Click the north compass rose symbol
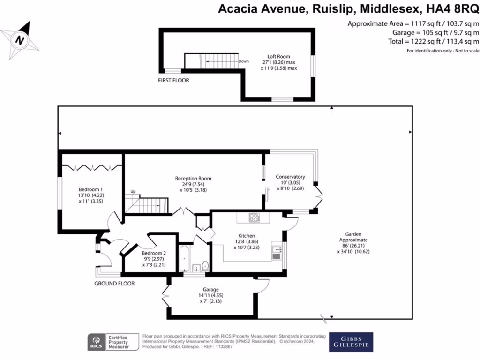(x=20, y=40)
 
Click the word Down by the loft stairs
(x=243, y=61)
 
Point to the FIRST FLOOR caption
(x=173, y=81)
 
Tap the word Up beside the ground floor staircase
(x=133, y=192)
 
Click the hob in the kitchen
(x=255, y=217)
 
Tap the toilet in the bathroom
(x=204, y=265)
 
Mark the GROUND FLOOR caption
(x=114, y=284)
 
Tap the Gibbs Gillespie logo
(x=351, y=342)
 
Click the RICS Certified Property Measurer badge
(x=114, y=342)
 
